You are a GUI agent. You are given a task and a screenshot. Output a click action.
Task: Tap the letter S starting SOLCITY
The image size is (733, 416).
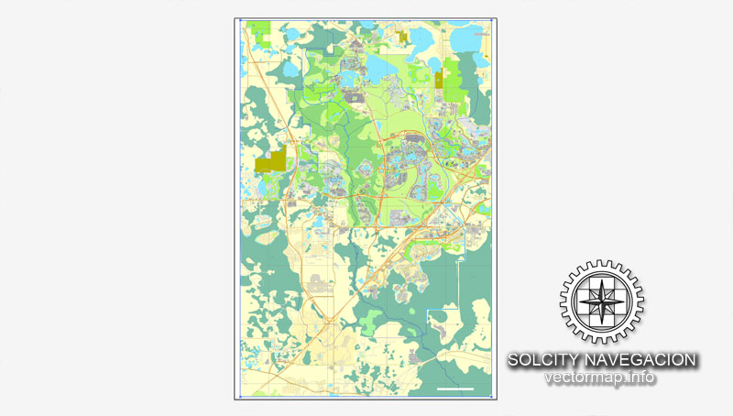[514, 360]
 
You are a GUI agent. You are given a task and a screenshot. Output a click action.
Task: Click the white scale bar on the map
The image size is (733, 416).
[455, 389]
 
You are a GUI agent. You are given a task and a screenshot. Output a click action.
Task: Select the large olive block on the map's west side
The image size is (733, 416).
[272, 160]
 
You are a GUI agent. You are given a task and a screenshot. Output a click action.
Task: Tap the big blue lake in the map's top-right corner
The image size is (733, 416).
[473, 38]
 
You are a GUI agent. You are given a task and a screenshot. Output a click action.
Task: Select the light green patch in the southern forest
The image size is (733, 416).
[370, 321]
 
